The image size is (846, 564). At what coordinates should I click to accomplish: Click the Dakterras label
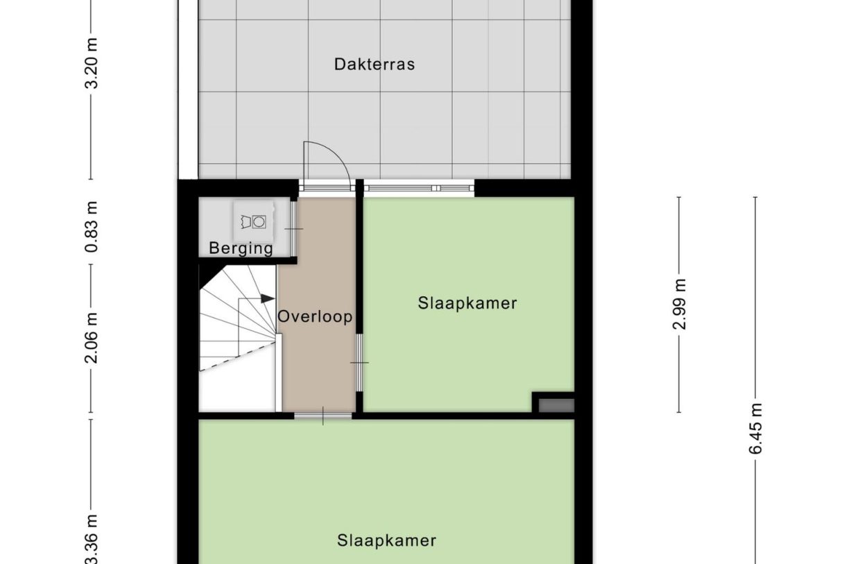[x=374, y=65]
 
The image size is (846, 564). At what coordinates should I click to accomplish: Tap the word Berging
[x=241, y=248]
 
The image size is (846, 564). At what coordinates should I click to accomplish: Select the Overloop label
[x=316, y=317]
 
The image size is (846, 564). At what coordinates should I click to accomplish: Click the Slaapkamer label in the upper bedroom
[x=467, y=303]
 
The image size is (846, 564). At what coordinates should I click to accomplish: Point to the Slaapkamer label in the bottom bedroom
[x=387, y=540]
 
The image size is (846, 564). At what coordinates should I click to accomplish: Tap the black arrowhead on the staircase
[x=268, y=299]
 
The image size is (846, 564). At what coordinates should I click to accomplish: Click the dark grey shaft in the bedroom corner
[x=557, y=406]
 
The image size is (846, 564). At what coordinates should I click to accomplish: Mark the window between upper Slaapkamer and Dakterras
[x=419, y=187]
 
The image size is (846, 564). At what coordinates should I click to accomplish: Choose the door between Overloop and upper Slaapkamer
[x=359, y=363]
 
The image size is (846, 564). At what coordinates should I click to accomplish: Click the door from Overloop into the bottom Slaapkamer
[x=323, y=416]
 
